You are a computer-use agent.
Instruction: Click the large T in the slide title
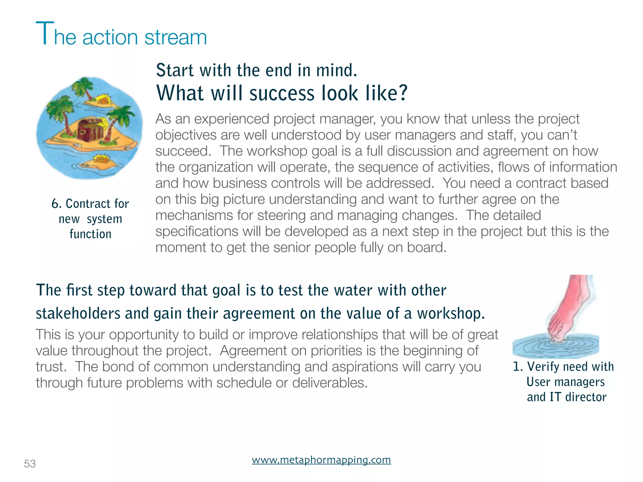(45, 33)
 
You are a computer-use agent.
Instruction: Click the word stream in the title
(176, 37)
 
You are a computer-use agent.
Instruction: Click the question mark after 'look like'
(402, 93)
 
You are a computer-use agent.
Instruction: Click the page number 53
(30, 463)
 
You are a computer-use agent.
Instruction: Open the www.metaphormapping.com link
(321, 460)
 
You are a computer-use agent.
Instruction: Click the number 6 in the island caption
(55, 204)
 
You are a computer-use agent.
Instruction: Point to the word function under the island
(90, 234)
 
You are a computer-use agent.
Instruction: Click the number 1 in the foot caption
(516, 367)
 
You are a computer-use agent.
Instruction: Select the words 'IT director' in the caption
(578, 397)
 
